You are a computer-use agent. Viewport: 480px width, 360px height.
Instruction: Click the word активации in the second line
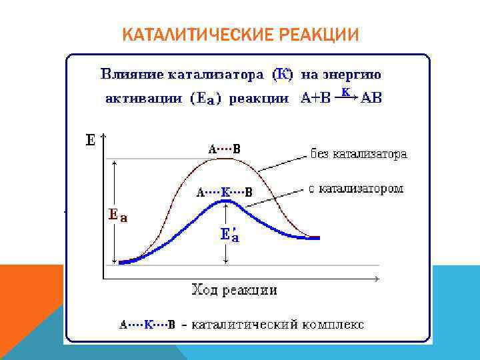click(x=143, y=99)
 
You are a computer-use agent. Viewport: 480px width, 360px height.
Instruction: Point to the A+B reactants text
click(x=316, y=99)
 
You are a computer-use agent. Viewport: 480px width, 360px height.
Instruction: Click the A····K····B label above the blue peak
click(x=224, y=193)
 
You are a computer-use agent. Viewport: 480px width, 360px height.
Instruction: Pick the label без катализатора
click(x=359, y=154)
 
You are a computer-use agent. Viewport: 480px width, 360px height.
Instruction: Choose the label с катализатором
click(x=356, y=189)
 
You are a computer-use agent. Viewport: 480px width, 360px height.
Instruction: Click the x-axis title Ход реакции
click(x=234, y=290)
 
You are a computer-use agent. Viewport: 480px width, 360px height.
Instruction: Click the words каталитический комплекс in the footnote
click(x=277, y=325)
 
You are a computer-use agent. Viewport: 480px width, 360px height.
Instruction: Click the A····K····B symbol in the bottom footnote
click(x=147, y=325)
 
